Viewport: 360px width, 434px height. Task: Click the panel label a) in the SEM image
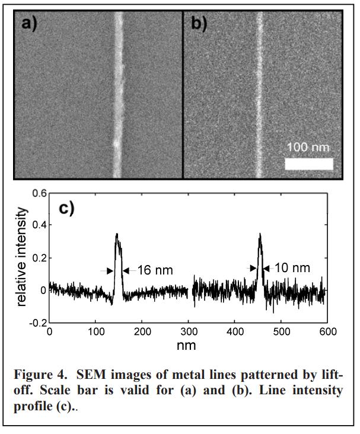(x=30, y=24)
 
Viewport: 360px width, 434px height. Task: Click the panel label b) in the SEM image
(x=199, y=24)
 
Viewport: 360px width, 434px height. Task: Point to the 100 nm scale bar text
(x=307, y=146)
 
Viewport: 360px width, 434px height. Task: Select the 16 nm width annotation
(x=155, y=270)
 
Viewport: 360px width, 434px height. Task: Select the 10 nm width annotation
(x=292, y=269)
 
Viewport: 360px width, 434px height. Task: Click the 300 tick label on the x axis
(x=189, y=331)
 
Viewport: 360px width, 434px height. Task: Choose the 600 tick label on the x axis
(x=328, y=331)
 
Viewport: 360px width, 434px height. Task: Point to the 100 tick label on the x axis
(x=95, y=331)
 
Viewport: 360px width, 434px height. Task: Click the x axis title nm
(x=187, y=344)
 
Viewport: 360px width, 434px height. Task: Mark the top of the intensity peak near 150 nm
(x=117, y=234)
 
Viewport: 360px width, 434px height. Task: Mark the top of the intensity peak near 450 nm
(x=260, y=234)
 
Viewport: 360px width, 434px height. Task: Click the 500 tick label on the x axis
(x=282, y=331)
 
